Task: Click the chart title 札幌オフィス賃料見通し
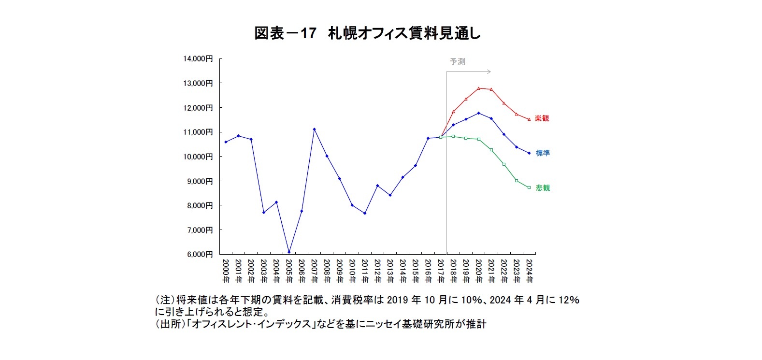(x=367, y=33)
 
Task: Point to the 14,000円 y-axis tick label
(x=198, y=58)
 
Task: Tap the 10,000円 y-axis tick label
(x=198, y=157)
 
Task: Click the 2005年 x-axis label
(x=289, y=271)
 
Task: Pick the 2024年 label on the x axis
(x=529, y=271)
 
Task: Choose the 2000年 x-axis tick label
(x=226, y=271)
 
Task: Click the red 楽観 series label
(x=542, y=118)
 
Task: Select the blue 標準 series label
(x=543, y=153)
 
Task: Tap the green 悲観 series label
(x=543, y=188)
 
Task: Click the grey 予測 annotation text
(x=457, y=61)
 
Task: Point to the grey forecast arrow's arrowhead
(x=489, y=72)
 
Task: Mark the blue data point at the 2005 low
(x=289, y=252)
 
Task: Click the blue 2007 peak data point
(x=314, y=129)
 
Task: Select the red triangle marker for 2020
(x=478, y=88)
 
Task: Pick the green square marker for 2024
(x=529, y=187)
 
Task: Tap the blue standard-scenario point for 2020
(x=478, y=113)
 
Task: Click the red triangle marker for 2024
(x=529, y=119)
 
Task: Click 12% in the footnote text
(x=569, y=300)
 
